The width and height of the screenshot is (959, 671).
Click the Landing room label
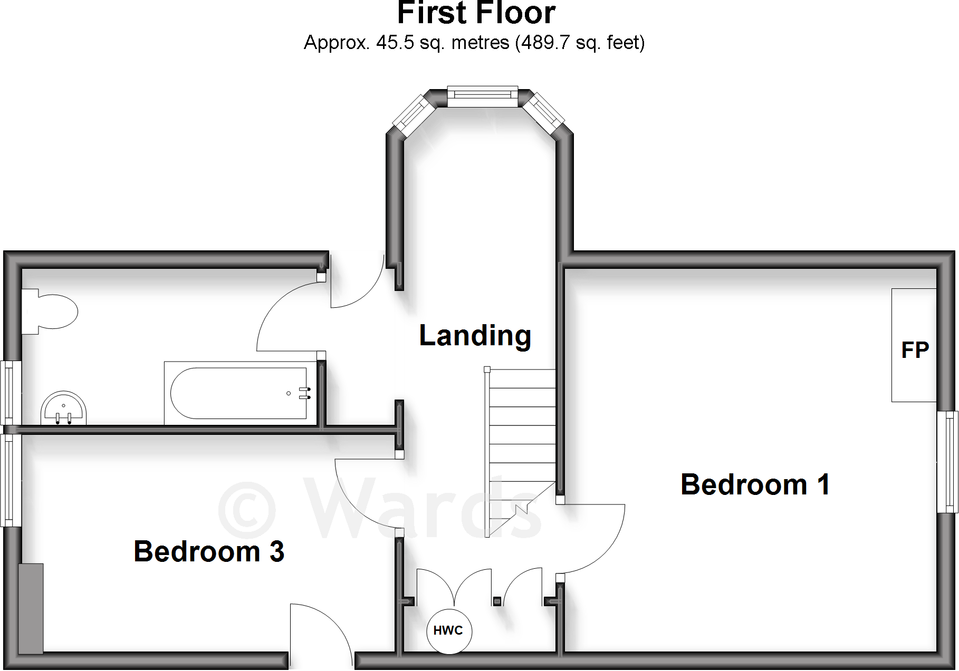(x=475, y=336)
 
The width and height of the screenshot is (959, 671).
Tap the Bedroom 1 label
(x=755, y=484)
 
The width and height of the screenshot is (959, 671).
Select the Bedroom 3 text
(x=209, y=551)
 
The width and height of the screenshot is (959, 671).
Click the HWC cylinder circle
(x=448, y=631)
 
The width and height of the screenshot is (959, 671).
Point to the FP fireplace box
(x=914, y=345)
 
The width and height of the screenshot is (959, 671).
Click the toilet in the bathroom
(x=50, y=312)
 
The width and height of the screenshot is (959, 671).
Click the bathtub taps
(x=304, y=393)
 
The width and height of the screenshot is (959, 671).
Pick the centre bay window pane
(x=482, y=95)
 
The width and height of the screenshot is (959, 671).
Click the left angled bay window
(x=414, y=114)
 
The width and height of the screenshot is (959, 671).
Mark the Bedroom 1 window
(x=947, y=462)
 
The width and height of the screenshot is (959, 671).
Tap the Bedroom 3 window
(x=9, y=480)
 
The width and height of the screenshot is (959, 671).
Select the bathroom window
(x=10, y=392)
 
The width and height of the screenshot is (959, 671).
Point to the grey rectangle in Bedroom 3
(x=31, y=608)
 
